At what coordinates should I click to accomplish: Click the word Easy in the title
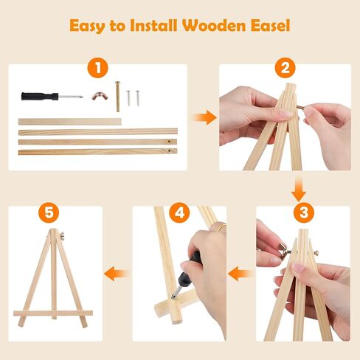pos(90,26)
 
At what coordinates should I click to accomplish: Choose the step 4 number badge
pos(179,214)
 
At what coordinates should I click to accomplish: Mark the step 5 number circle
pos(49,214)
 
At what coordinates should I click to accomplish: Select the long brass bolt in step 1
pos(117,97)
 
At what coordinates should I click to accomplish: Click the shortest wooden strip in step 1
pos(69,120)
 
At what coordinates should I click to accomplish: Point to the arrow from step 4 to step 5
pos(114,274)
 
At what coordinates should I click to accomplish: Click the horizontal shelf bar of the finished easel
pos(52,314)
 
